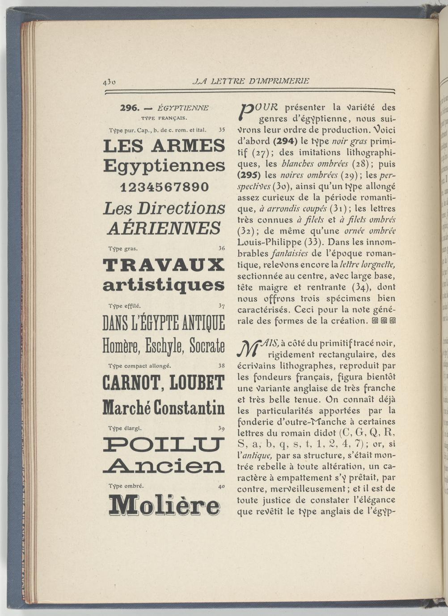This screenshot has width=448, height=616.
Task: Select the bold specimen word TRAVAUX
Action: (164, 265)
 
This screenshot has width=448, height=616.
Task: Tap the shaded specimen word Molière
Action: (164, 505)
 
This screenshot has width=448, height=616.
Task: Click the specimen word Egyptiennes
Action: (164, 166)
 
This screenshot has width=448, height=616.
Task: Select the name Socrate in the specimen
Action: (207, 345)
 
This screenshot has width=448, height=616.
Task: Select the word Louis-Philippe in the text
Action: (266, 242)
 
